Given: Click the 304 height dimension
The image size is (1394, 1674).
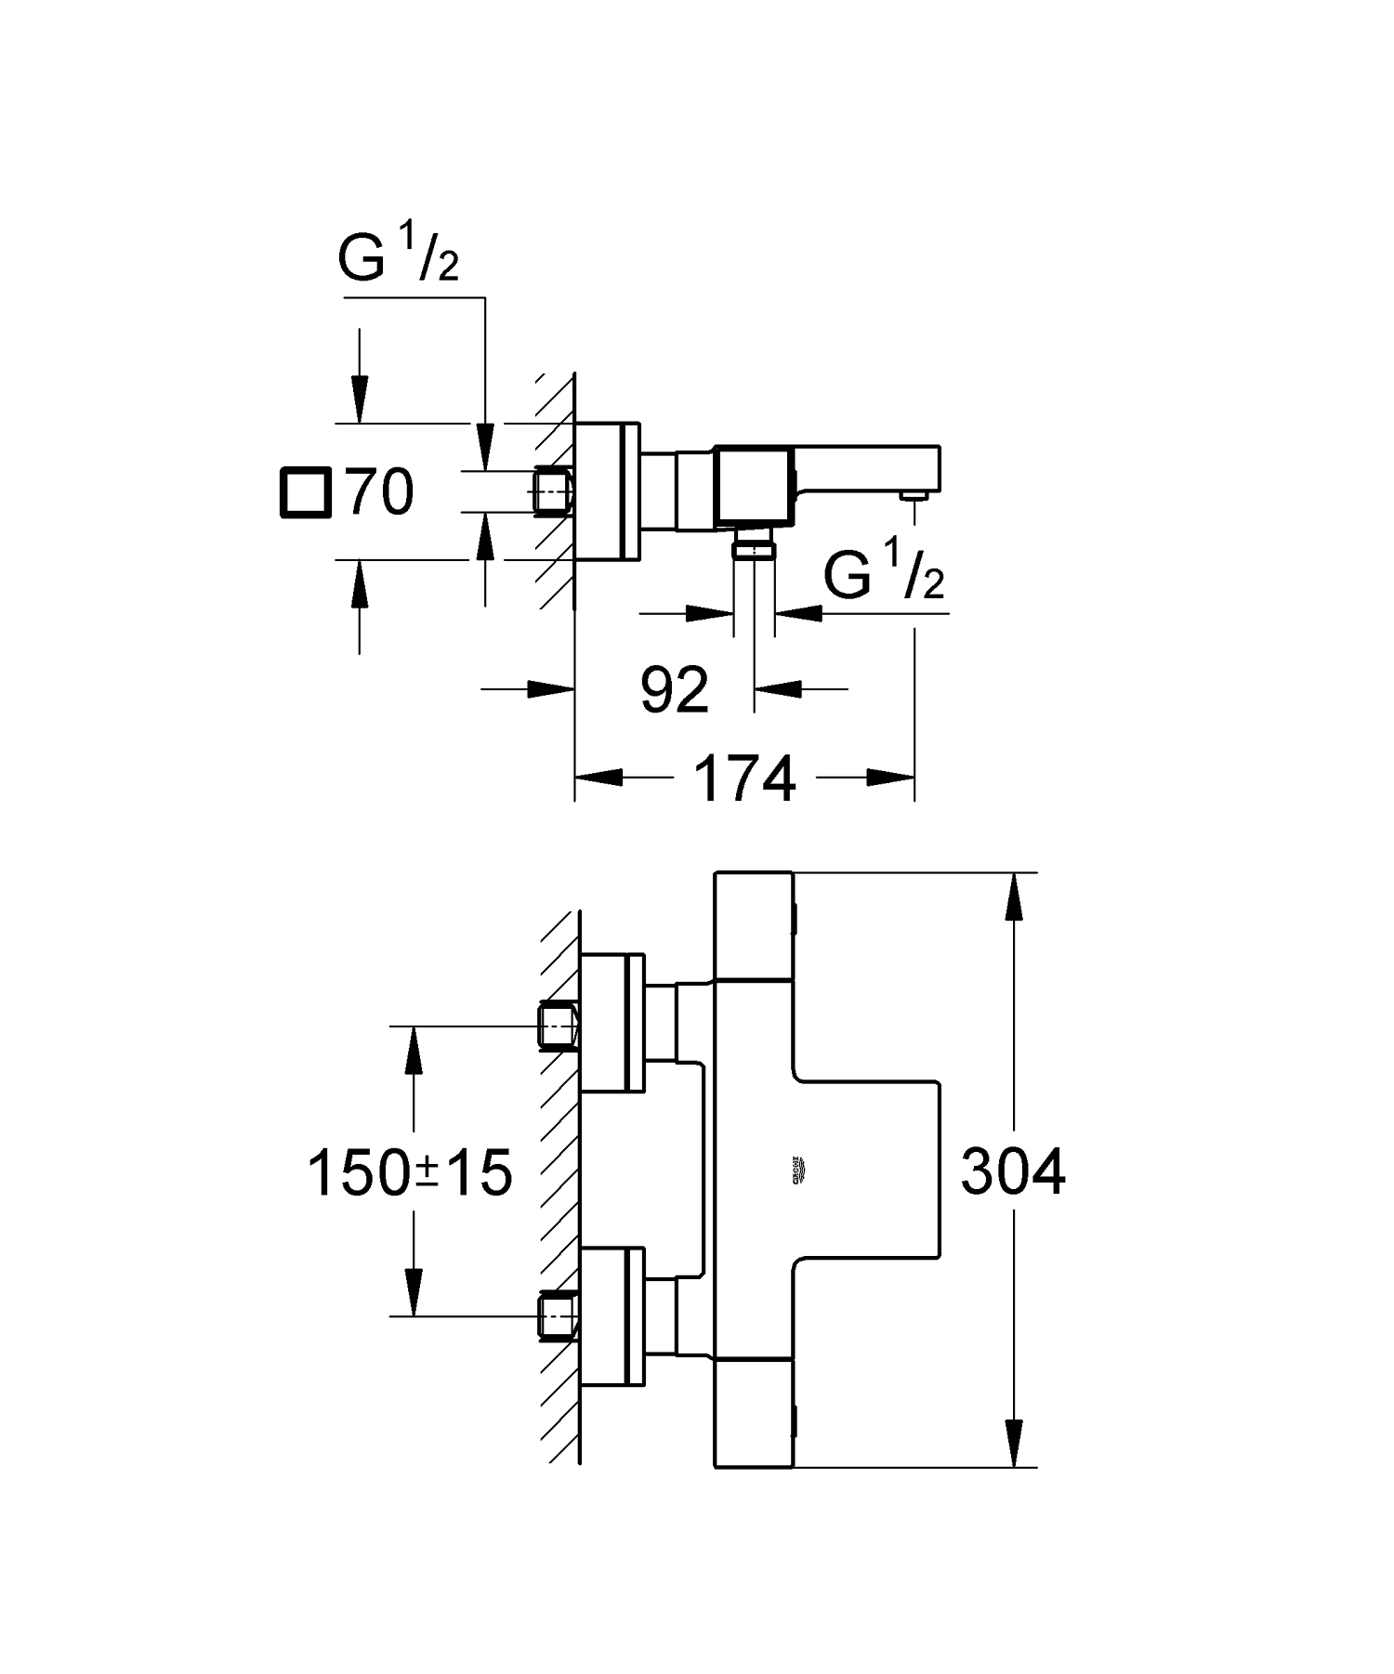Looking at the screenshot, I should coord(1012,1171).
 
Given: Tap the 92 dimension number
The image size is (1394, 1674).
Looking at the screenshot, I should coord(675,689).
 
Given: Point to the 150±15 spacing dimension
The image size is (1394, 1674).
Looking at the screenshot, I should coord(410,1172).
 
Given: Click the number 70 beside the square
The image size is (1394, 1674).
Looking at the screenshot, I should coord(380,491).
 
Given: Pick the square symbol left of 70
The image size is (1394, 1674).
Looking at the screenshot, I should coord(305,491).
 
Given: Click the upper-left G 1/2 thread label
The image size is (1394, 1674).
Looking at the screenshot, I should coord(398,260).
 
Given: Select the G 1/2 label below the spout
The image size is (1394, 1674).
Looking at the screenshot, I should coord(883,576).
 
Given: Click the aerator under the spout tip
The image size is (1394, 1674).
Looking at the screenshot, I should coord(915,499).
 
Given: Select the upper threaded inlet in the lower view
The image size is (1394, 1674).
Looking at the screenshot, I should coord(558,1025).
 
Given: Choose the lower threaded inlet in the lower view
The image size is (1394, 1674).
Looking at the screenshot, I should coord(558,1315).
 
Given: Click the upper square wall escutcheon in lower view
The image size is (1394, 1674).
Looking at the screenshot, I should coord(612,1022).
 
